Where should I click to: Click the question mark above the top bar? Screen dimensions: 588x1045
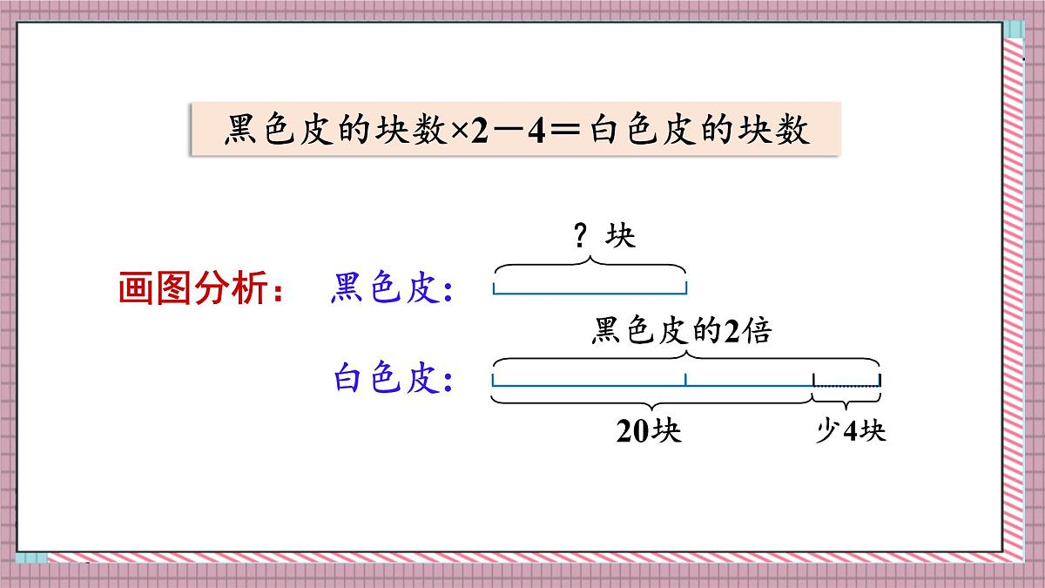pos(581,236)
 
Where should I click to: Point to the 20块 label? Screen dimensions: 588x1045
pos(649,431)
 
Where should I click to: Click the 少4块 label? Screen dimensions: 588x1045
pos(850,431)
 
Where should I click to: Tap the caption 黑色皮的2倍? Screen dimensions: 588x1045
pos(681,331)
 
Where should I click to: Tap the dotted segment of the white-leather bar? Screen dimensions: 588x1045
pos(846,384)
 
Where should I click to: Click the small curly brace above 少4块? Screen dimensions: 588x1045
pos(846,399)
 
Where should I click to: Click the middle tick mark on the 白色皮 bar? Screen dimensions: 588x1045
pos(685,379)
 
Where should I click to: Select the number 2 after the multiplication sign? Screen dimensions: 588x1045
pos(480,132)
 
